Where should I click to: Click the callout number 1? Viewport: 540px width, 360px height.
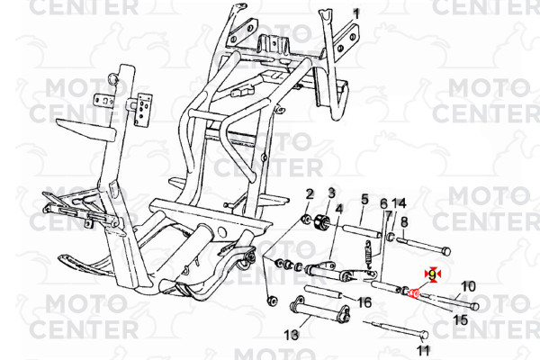[356, 14]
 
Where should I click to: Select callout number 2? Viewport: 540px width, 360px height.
[310, 194]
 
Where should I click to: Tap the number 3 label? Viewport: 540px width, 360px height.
[331, 193]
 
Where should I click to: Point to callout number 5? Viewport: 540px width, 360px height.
[364, 199]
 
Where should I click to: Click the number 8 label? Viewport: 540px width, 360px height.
[404, 222]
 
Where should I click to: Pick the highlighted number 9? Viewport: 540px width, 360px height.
[432, 274]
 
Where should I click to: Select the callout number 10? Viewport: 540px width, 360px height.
[468, 286]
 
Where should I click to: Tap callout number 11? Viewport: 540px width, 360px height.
[423, 350]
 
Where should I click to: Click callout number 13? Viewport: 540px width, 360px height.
[292, 335]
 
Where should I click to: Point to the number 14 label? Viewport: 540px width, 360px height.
[399, 203]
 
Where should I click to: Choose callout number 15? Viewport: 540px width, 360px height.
[461, 319]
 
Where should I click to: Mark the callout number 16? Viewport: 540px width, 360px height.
[364, 302]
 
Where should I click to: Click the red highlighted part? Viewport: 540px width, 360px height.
[414, 293]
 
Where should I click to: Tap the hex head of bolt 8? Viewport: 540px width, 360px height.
[445, 251]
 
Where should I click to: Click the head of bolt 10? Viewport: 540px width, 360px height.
[474, 306]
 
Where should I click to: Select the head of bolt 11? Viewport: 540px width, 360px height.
[424, 335]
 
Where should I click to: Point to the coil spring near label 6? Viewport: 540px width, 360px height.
[368, 255]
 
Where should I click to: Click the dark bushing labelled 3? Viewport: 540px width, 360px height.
[322, 221]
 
